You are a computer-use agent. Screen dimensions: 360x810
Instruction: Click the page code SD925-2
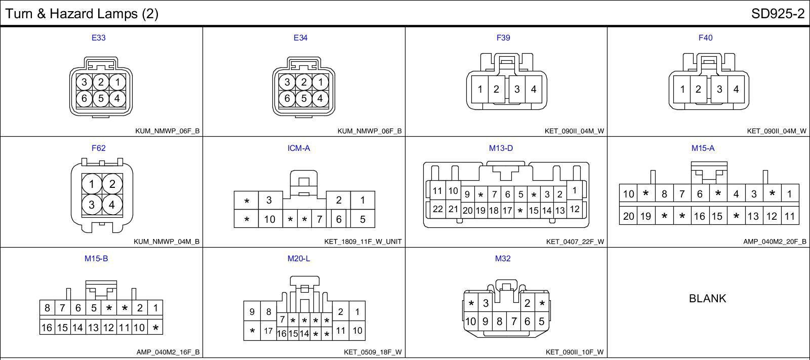point(778,14)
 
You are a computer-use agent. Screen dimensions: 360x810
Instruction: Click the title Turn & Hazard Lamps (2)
point(82,14)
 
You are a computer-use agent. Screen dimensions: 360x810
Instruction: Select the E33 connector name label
point(98,37)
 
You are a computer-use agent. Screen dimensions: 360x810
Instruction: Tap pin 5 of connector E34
point(303,98)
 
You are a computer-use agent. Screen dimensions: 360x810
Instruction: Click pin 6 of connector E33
point(84,98)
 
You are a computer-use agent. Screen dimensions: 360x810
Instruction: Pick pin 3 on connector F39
point(517,90)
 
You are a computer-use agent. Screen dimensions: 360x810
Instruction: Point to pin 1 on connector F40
point(682,90)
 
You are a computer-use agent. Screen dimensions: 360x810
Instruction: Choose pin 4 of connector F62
point(112,205)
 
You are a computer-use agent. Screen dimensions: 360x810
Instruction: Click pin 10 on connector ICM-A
point(269,219)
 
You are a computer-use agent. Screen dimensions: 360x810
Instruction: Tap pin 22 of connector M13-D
point(437,209)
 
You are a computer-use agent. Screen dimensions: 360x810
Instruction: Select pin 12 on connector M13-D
point(574,209)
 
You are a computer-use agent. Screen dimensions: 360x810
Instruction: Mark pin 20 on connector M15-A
point(628,216)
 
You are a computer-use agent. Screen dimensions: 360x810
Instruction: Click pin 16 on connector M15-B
point(47,328)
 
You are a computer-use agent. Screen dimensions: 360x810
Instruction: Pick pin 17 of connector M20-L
point(268,332)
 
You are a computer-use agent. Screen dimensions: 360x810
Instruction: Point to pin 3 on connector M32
point(485,303)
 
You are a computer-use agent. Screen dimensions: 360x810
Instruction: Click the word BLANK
point(707,299)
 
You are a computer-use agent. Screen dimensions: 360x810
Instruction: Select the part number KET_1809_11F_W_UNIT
point(362,242)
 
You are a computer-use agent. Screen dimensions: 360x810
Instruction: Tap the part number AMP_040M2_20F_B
point(775,242)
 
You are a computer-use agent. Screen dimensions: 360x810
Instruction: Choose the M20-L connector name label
point(299,259)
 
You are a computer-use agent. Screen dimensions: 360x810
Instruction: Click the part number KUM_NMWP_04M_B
point(167,242)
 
